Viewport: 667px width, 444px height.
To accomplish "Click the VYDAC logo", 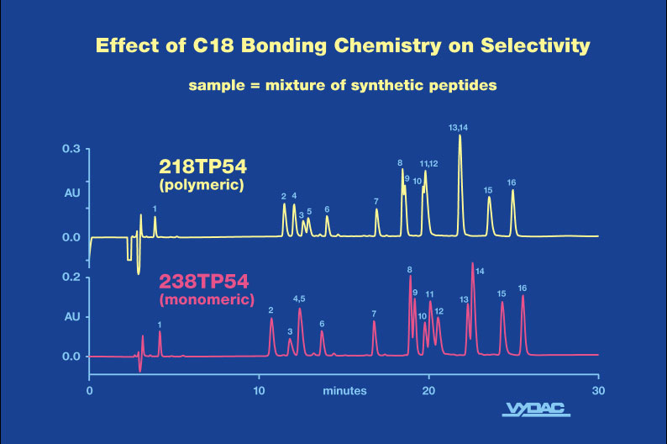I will click(x=537, y=410).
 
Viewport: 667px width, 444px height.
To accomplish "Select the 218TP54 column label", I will click(x=202, y=166).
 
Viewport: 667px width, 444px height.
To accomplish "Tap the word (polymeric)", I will click(x=202, y=184).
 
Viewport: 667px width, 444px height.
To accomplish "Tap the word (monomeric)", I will click(x=206, y=299).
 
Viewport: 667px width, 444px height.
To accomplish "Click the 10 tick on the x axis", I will click(x=260, y=391).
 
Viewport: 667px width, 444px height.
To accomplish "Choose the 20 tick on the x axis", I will click(x=429, y=391).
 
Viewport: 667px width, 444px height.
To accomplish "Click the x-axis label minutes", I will click(x=344, y=391).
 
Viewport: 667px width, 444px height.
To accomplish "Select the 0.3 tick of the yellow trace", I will click(x=71, y=149).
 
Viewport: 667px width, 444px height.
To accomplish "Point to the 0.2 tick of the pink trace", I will click(x=71, y=277).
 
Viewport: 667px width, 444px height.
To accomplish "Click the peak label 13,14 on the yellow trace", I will click(x=458, y=128).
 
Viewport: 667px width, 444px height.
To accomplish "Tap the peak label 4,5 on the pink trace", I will click(x=299, y=299).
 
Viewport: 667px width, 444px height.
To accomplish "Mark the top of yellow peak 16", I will click(x=512, y=190).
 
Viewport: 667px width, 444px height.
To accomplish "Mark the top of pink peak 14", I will click(x=473, y=263).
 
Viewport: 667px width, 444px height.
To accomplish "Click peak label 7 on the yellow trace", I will click(x=376, y=202).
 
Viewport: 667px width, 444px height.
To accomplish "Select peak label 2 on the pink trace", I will click(x=270, y=310).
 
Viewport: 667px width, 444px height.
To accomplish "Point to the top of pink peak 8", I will click(x=410, y=277).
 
